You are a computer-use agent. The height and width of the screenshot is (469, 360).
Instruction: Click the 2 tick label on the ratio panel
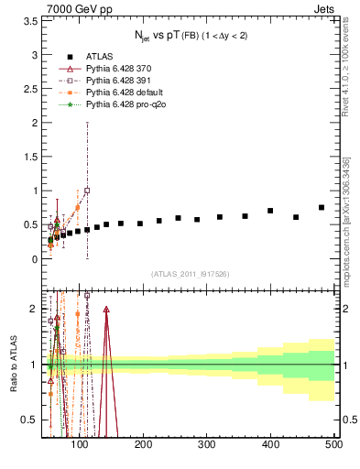point(35,309)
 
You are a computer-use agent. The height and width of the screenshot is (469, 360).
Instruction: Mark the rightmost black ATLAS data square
point(322,208)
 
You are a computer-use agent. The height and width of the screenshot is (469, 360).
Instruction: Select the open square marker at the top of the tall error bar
point(87,191)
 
